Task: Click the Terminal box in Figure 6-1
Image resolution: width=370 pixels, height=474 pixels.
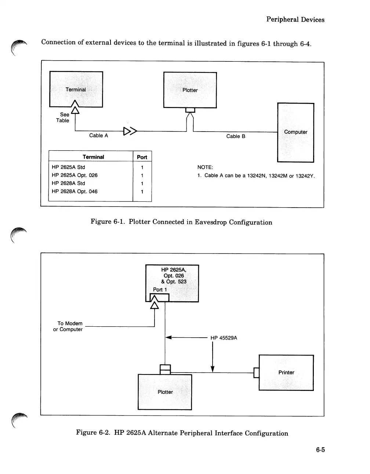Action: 76,89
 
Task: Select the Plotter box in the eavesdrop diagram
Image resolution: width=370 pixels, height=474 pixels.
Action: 190,90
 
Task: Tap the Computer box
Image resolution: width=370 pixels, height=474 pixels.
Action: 295,132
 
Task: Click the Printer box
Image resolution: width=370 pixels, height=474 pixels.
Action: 286,373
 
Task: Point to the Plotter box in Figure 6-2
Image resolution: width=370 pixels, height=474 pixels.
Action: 165,392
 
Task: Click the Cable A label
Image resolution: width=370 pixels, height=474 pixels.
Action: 98,136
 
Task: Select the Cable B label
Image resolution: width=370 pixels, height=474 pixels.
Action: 236,136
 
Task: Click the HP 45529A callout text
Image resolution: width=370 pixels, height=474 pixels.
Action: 224,338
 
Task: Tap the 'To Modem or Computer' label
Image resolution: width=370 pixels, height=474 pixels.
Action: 68,326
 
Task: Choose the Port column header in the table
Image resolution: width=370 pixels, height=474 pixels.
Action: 142,157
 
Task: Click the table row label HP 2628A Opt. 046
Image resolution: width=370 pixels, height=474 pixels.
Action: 75,191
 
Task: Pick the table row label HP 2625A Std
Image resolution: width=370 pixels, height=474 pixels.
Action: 68,167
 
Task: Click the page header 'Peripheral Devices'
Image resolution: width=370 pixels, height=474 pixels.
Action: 295,20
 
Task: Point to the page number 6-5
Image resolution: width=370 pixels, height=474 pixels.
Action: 320,450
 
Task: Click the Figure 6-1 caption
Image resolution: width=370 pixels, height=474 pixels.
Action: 181,222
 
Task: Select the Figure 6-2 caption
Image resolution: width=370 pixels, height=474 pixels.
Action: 182,433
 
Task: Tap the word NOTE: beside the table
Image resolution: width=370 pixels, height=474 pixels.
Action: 205,167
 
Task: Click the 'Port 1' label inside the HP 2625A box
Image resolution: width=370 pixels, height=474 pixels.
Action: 160,290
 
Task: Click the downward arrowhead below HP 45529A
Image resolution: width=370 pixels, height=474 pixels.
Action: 213,369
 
